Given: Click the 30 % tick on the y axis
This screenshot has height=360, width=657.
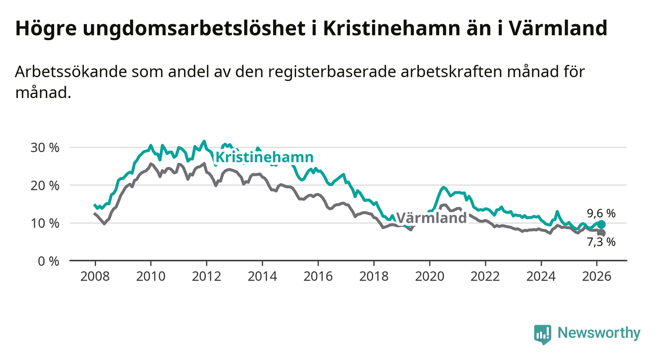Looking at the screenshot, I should pos(45,148).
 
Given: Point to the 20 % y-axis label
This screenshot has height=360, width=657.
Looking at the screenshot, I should pos(45,185).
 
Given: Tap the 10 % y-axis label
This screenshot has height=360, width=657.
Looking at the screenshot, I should pos(45,223).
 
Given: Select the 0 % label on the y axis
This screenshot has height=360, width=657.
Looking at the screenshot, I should pos(48,261).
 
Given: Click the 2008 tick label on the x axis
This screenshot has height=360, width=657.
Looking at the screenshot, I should pos(95,276).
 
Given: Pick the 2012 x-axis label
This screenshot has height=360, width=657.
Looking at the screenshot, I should pos(206,276).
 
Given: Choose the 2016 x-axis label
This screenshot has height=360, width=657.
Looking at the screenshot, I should pos(318,276).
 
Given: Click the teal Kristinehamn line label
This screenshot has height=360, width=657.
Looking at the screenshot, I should pos(264,157).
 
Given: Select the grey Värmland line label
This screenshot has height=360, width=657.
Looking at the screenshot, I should pos(431,218).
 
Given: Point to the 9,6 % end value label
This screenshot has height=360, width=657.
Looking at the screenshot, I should pos(601,213).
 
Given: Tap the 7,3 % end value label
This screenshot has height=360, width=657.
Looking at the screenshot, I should pos(601,242).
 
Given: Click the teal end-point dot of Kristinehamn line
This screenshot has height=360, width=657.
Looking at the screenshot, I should pos(602,224).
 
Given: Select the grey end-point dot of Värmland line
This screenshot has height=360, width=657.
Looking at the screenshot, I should pos(602,233).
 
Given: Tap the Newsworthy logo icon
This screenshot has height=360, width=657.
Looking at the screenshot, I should pos(542,334).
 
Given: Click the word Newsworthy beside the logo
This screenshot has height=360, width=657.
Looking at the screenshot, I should pos(599,334).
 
